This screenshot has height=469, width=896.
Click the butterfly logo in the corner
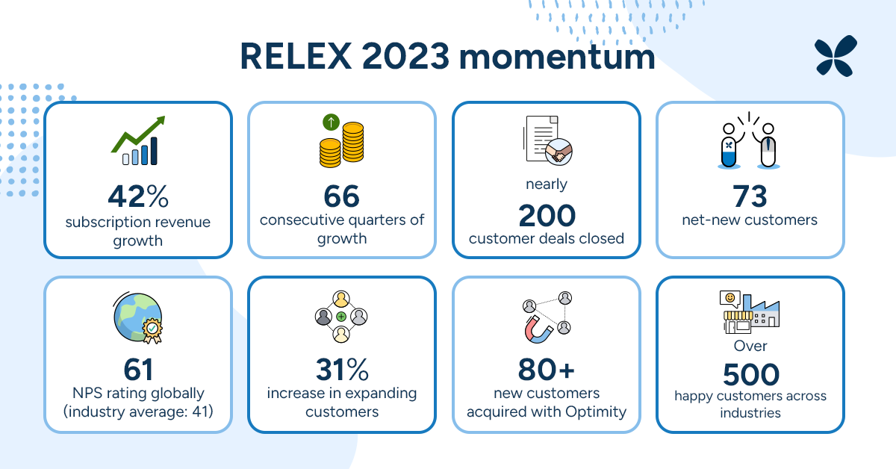(x=836, y=56)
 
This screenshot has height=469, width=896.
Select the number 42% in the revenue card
(x=138, y=196)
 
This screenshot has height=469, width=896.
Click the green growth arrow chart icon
(x=138, y=140)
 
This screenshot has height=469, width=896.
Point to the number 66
(x=342, y=196)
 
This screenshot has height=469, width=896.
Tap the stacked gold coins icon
(x=341, y=142)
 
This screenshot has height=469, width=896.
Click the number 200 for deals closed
(x=547, y=216)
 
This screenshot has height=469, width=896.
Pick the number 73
(x=750, y=196)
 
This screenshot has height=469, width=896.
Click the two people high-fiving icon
(x=750, y=142)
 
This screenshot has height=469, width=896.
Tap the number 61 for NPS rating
(x=138, y=369)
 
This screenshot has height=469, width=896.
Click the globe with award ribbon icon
(x=138, y=317)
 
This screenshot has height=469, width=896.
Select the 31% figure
(x=342, y=369)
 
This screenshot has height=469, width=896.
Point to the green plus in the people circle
(x=341, y=317)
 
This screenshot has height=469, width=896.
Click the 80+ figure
(x=547, y=369)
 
